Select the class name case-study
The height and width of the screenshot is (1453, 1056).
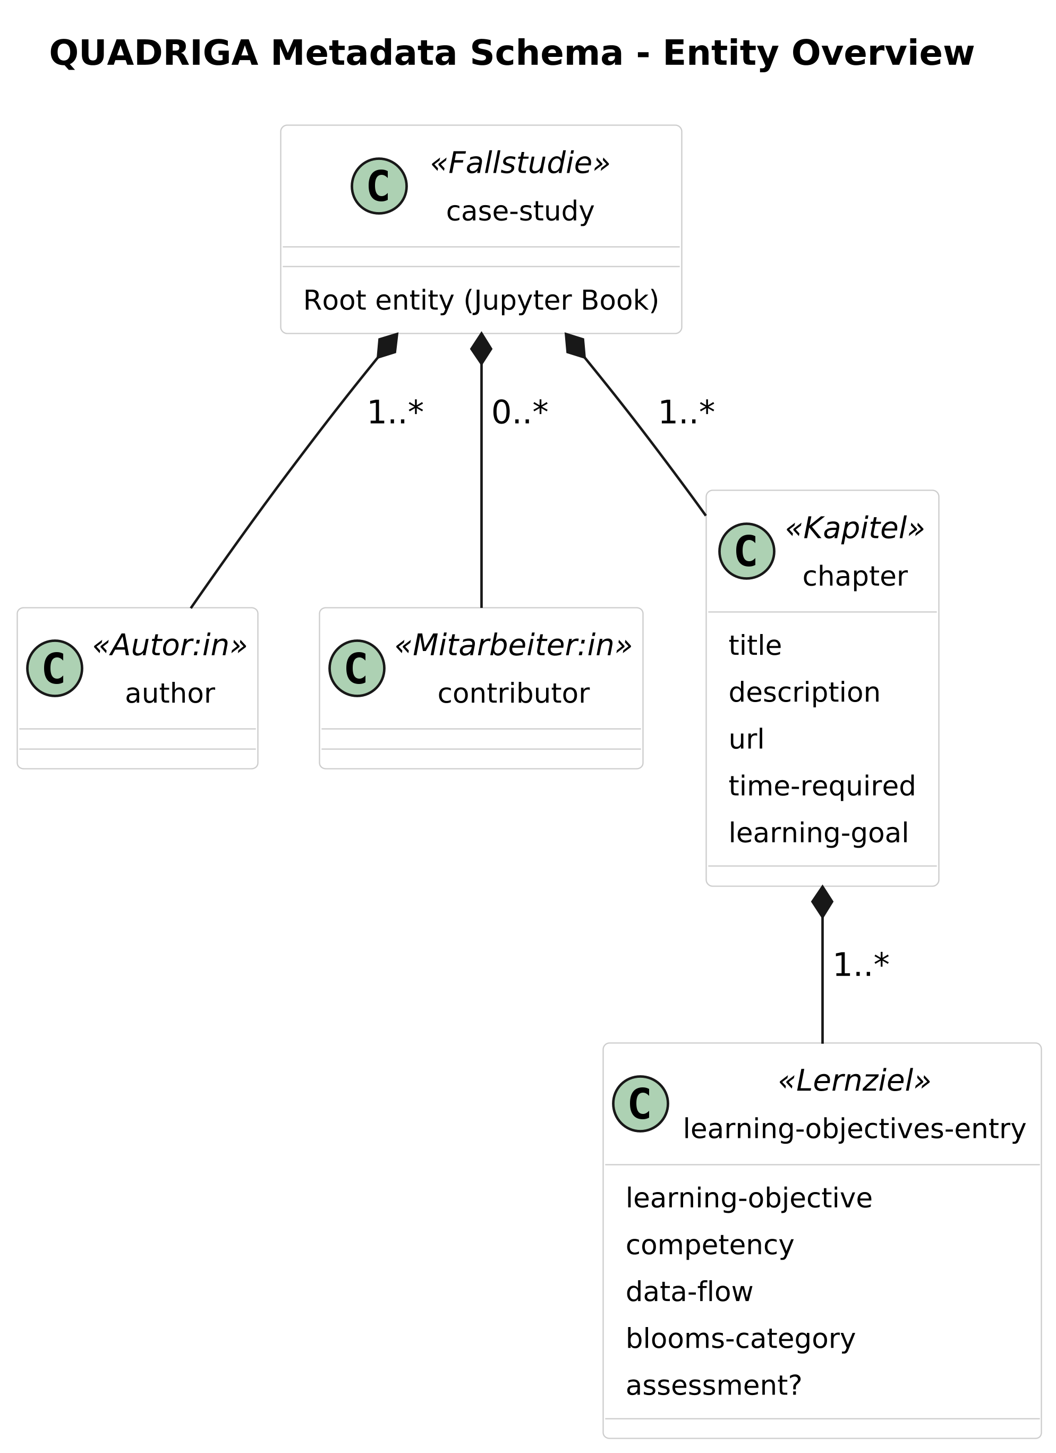520,212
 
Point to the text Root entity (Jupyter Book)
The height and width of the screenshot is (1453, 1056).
481,300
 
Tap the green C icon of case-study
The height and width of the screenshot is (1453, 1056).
379,186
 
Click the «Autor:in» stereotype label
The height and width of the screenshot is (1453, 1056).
169,645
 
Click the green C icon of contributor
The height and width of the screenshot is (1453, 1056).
357,668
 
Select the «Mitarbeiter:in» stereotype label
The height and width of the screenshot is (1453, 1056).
513,645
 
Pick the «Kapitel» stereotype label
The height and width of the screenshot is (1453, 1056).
854,529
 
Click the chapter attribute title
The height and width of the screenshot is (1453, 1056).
755,645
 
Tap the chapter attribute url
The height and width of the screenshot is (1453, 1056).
746,739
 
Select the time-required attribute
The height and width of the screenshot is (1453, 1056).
822,786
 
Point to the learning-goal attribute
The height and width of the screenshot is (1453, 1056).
818,833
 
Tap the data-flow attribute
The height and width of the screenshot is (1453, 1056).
689,1291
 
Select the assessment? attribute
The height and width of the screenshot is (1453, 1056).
713,1385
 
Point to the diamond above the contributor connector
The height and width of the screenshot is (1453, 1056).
481,349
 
